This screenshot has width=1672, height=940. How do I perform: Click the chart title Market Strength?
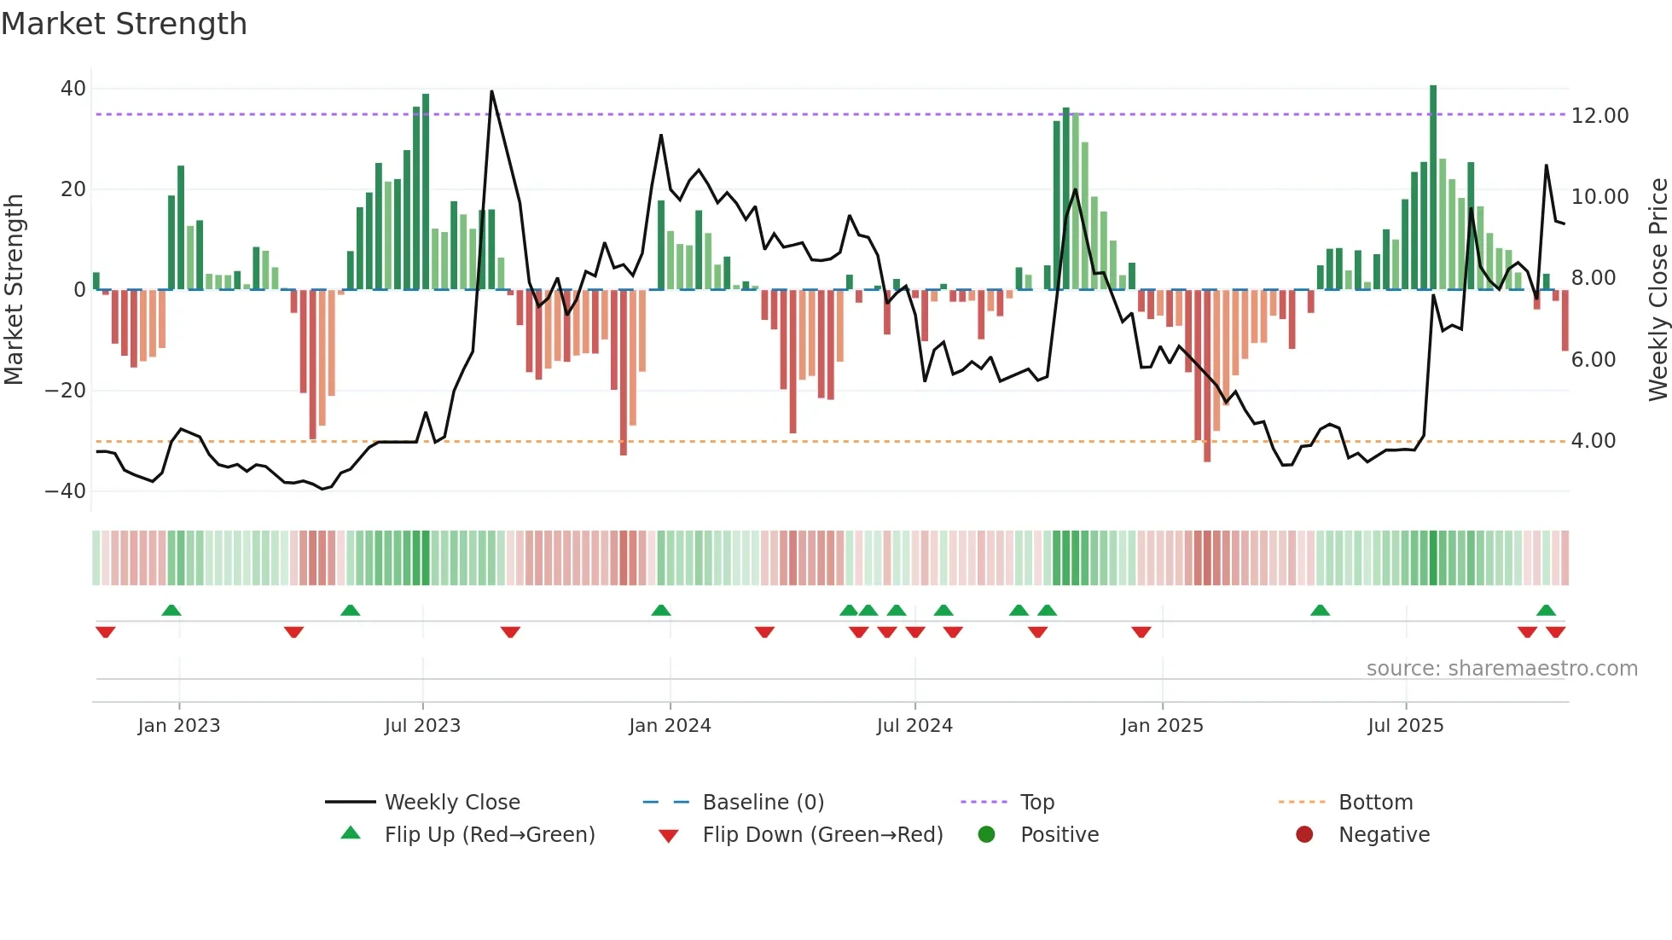click(124, 24)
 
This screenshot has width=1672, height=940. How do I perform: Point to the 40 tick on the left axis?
click(73, 89)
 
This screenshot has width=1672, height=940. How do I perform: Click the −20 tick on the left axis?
click(66, 391)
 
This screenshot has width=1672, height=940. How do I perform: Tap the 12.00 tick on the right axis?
click(1599, 115)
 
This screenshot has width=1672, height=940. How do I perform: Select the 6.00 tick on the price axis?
click(1593, 359)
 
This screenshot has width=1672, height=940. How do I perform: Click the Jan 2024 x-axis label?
click(670, 726)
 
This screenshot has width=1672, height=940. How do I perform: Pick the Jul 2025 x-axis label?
click(1405, 726)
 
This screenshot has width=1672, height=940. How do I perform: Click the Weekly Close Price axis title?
click(1657, 289)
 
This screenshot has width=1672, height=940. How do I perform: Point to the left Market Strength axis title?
click(14, 289)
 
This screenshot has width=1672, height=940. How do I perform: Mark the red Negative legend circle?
click(1304, 835)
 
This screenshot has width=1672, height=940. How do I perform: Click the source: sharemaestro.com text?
click(1501, 669)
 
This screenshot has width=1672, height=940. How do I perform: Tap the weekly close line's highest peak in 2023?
click(491, 91)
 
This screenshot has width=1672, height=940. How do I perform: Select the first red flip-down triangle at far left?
click(105, 632)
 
